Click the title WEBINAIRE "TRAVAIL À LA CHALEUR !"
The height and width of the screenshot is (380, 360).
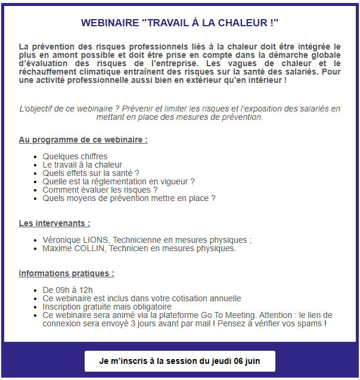(179, 23)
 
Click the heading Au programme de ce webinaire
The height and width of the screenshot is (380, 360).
(83, 140)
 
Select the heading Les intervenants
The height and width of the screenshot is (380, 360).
(54, 224)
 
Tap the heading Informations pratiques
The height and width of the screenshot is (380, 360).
(66, 274)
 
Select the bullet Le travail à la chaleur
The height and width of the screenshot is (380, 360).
(82, 165)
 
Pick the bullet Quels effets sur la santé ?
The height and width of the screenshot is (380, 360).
(91, 173)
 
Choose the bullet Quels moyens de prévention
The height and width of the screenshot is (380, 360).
(129, 198)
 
